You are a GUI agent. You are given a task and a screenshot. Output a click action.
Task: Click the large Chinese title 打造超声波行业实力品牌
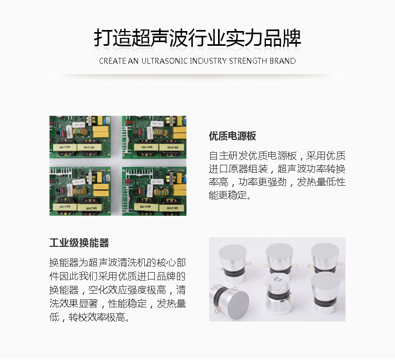click(x=197, y=38)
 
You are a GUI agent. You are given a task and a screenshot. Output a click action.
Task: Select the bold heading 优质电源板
click(x=232, y=136)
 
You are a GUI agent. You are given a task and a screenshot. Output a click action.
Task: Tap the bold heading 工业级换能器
click(x=79, y=243)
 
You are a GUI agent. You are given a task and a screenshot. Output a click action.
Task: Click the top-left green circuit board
click(x=80, y=137)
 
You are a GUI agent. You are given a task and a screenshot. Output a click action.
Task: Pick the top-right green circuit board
click(x=154, y=137)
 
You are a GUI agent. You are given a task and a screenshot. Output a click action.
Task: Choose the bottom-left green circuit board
click(x=80, y=191)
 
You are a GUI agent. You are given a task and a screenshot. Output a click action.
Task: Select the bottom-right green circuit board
click(x=154, y=191)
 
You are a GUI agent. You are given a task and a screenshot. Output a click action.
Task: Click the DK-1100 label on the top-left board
click(x=65, y=147)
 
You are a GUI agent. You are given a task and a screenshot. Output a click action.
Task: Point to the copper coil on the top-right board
click(x=160, y=133)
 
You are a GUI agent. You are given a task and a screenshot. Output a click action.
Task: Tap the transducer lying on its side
click(x=229, y=299)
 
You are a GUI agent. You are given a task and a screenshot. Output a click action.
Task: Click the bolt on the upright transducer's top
click(x=278, y=279)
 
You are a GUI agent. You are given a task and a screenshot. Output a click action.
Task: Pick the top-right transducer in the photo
click(x=325, y=258)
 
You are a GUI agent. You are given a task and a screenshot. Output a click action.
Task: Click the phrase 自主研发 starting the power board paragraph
click(x=228, y=156)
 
